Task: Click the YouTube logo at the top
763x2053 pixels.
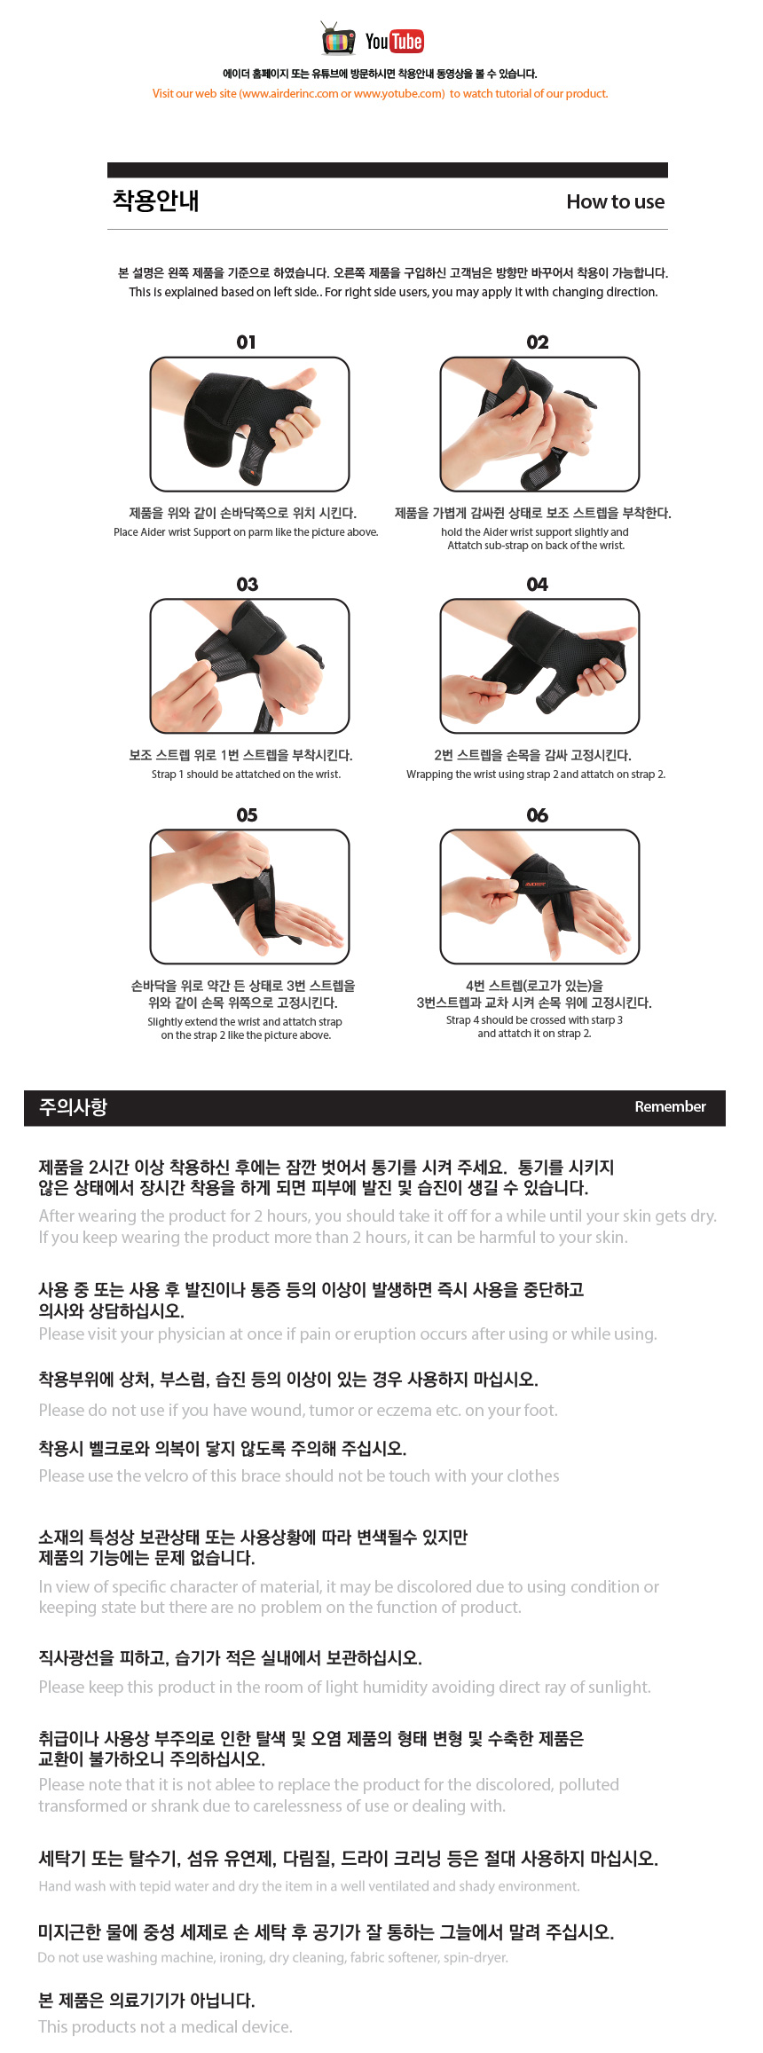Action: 395,41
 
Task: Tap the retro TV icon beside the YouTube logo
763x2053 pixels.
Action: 338,39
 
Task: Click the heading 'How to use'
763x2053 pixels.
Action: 616,201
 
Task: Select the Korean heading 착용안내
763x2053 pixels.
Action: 155,201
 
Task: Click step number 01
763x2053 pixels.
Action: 247,342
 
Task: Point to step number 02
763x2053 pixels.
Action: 538,342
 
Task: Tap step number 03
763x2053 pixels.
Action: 248,585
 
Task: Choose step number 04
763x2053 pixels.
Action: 538,585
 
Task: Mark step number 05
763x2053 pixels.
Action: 248,815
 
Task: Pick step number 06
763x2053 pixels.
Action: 538,815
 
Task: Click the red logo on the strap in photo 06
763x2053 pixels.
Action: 535,884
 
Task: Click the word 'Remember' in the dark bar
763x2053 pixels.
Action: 670,1106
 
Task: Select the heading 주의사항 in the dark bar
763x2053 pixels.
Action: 73,1106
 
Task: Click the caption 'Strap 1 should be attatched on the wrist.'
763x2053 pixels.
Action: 246,775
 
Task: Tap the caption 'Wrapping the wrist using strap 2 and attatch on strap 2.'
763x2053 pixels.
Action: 536,775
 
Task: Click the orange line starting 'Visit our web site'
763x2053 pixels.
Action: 380,93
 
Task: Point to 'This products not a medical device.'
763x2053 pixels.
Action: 165,2026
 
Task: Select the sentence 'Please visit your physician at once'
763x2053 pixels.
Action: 348,1333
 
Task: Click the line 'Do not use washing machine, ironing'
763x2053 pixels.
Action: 273,1957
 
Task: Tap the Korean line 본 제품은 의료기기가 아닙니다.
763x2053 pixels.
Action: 146,2000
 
